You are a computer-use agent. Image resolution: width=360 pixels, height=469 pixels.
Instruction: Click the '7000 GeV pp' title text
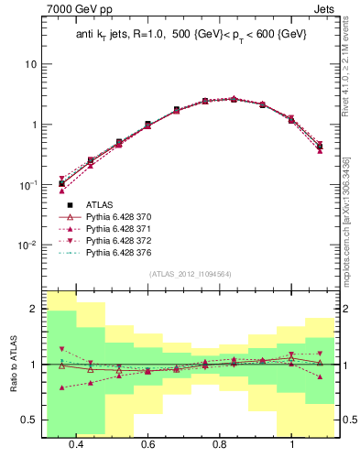point(75,10)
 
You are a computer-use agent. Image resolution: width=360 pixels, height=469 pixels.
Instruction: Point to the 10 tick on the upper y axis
point(31,65)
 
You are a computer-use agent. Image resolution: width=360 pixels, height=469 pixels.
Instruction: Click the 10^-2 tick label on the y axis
point(28,245)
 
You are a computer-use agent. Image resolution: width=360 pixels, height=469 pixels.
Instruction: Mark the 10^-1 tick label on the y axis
point(28,185)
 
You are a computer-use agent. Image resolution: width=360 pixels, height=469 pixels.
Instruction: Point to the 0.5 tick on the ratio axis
point(29,420)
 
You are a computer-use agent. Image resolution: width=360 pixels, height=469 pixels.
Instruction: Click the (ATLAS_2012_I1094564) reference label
point(189,274)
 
